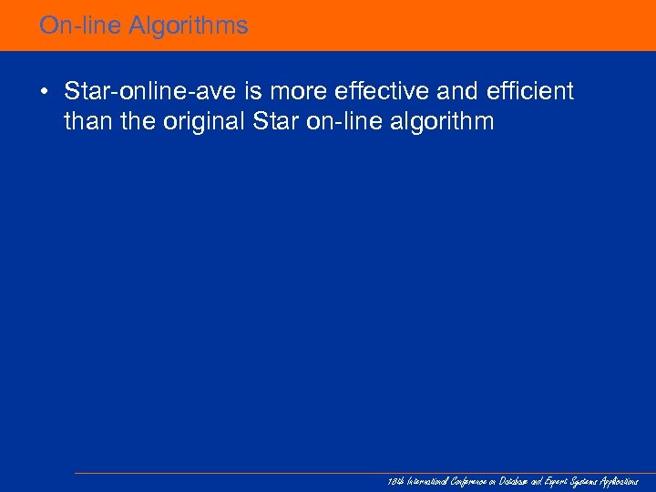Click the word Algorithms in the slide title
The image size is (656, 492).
click(x=188, y=26)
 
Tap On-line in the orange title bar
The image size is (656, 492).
click(x=80, y=26)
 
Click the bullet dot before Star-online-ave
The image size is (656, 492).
click(x=44, y=92)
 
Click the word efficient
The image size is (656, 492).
click(x=533, y=91)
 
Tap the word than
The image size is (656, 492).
click(x=87, y=121)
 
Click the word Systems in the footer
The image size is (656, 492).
click(x=581, y=481)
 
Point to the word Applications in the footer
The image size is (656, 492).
click(x=620, y=481)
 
